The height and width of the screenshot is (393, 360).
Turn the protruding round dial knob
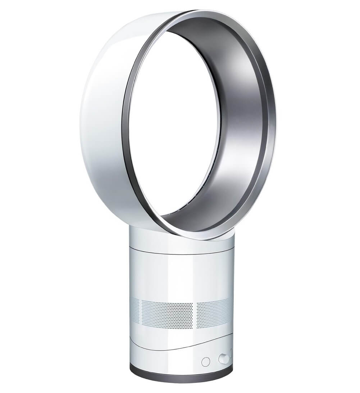point(223,359)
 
